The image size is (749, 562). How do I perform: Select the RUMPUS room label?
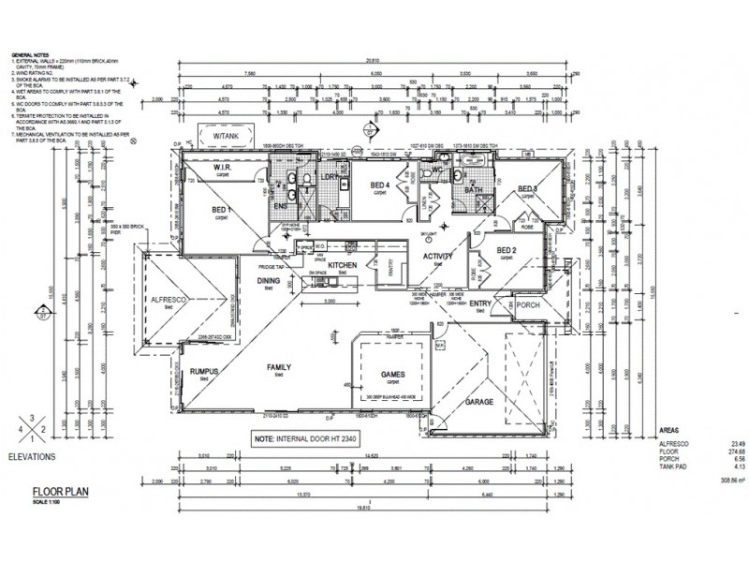coord(203,372)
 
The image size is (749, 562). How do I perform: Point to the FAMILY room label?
coord(278,366)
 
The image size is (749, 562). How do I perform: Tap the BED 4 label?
coord(380,185)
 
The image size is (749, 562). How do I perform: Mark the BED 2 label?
coord(507,249)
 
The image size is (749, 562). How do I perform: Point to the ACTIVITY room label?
coord(437,257)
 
